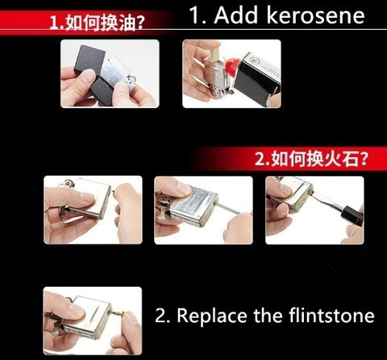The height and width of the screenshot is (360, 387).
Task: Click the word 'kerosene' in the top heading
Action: point(316,15)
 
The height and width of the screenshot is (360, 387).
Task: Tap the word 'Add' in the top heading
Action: point(236,15)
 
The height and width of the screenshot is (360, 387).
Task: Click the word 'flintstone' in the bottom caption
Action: point(331,315)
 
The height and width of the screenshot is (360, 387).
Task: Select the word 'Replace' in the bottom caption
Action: point(212,316)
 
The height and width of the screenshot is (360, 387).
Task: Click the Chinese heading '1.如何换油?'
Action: point(97,23)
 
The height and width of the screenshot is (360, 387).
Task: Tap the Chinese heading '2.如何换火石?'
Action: point(310,159)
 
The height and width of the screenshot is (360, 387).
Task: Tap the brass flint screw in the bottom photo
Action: point(118,313)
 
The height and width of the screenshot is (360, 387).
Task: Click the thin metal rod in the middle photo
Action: point(227,209)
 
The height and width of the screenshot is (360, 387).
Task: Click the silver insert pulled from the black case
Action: point(117,74)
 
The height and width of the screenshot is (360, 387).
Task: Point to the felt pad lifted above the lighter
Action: point(216,58)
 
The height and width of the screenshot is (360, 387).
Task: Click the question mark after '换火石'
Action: point(363,159)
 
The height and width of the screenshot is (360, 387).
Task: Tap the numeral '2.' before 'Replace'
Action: point(162,316)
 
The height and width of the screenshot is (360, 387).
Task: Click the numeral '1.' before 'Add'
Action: point(198,15)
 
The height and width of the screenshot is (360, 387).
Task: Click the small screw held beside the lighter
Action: point(114,192)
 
